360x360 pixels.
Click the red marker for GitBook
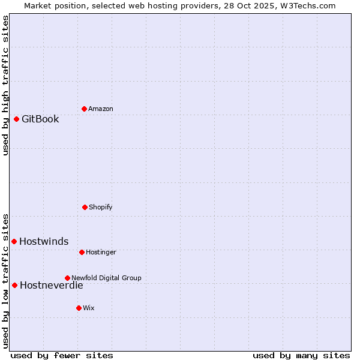16,119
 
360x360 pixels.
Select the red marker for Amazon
84,109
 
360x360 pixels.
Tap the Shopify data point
85,207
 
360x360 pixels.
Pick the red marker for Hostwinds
14,241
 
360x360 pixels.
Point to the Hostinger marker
82,252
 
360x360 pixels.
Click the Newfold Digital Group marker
67,278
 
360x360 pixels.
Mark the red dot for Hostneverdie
14,285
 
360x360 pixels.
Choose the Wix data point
79,308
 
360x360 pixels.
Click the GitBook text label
40,119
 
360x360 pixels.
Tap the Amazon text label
101,109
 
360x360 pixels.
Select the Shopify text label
101,207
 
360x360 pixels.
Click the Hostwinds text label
44,241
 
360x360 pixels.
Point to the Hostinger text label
101,252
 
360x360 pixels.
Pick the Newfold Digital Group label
106,278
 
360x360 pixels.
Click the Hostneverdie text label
52,285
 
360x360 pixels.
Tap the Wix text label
89,308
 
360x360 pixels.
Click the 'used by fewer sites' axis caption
62,355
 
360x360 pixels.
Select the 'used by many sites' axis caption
301,355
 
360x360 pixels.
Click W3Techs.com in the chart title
306,5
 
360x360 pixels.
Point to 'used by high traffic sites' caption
5,85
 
